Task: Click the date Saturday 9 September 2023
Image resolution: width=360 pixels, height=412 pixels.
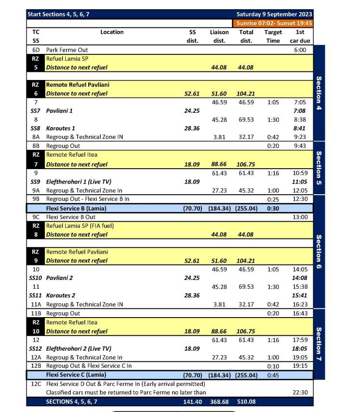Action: pos(274,14)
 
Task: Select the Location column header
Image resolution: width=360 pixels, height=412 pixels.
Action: pos(112,32)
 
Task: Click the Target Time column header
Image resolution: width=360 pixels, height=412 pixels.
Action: pos(273,36)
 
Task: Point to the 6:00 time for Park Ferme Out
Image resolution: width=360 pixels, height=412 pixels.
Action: pos(301,50)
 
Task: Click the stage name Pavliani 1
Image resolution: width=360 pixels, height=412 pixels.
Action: pos(60,111)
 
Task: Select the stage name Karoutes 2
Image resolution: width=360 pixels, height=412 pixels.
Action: pos(61,295)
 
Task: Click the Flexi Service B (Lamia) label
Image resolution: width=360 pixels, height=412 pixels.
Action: pos(76,208)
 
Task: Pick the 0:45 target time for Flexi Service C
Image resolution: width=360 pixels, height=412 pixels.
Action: pos(273,375)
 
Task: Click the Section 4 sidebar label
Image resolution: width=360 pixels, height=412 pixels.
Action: pos(319,92)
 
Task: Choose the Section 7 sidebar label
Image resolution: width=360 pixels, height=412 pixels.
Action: pos(319,344)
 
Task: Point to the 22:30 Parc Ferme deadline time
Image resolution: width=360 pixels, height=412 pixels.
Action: pos(300,392)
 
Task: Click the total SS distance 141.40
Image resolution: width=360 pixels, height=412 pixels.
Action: pos(192,401)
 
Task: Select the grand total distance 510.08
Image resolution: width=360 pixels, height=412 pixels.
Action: pos(246,401)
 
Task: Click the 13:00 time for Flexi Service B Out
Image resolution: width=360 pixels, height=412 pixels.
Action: pos(300,217)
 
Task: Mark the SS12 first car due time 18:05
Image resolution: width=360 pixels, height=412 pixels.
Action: pos(300,348)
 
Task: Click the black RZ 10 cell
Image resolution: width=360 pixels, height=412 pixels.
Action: pos(36,327)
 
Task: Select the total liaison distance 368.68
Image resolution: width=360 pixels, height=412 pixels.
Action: pos(219,401)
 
